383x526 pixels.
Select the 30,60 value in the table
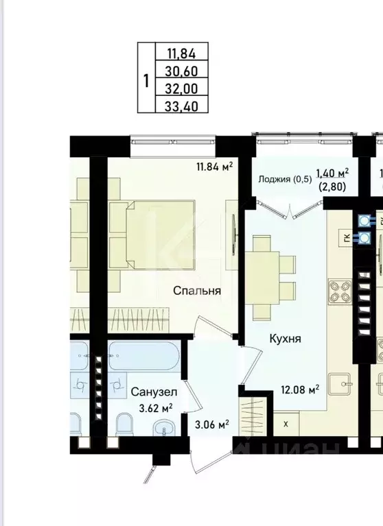click(182, 69)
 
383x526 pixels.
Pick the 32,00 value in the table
click(182, 87)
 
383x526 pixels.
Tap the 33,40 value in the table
click(182, 105)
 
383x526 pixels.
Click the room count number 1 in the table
click(146, 79)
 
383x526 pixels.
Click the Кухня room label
click(284, 339)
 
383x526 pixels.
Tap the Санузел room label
click(154, 392)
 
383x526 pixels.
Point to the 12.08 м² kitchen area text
click(300, 390)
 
